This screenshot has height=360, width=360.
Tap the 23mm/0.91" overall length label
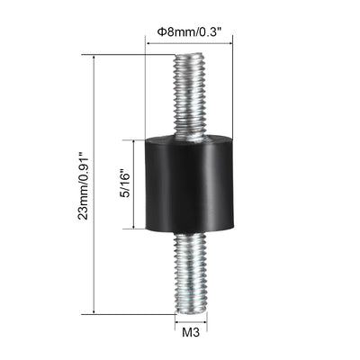[x=83, y=186]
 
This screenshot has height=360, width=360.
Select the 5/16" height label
[x=124, y=184]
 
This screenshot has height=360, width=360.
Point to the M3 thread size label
[x=191, y=333]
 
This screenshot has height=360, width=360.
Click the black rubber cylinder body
[x=189, y=184]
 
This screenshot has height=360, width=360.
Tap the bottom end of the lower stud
[x=191, y=313]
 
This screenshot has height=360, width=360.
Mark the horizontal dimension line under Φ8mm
[x=189, y=44]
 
